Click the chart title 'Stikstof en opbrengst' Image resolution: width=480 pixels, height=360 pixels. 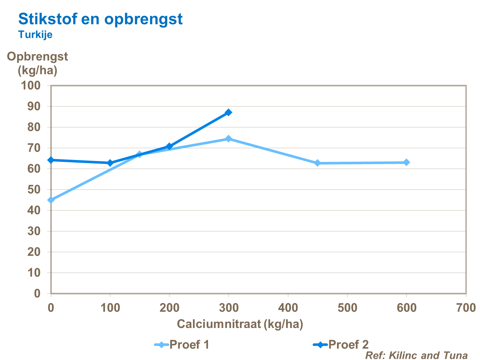click(x=100, y=19)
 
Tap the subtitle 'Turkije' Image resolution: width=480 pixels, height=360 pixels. click(x=35, y=34)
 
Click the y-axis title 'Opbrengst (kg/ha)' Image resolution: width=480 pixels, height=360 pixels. click(x=37, y=63)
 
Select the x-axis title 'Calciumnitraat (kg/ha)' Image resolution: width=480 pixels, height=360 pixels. click(x=240, y=324)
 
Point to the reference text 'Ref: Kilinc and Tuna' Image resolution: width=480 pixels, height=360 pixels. click(x=416, y=355)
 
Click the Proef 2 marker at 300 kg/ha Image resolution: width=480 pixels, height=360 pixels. click(x=228, y=112)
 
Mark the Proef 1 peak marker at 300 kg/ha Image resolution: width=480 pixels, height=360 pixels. click(x=228, y=139)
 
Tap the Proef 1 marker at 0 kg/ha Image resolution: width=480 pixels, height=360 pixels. click(x=51, y=200)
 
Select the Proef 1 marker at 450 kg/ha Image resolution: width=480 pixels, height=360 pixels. click(x=317, y=163)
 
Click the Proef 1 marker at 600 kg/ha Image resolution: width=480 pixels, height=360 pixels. click(x=406, y=162)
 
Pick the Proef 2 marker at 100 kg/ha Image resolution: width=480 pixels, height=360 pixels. click(x=110, y=163)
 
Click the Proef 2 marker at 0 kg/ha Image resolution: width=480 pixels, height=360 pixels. click(x=51, y=160)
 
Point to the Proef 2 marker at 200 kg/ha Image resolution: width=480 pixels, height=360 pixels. click(x=169, y=146)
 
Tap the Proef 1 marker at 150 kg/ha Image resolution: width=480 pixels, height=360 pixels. click(x=140, y=155)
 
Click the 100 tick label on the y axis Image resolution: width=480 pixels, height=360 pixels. click(x=30, y=85)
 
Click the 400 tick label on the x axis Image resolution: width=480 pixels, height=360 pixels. click(x=288, y=308)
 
